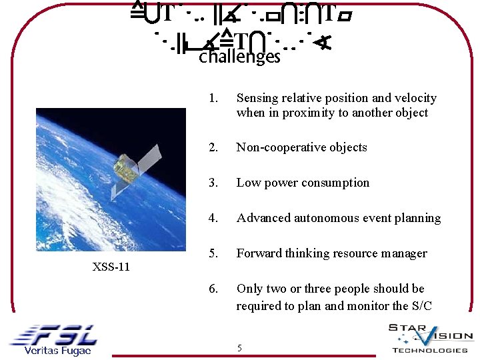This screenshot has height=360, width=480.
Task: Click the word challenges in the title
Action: tap(239, 57)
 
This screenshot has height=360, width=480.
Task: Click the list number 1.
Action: tap(213, 99)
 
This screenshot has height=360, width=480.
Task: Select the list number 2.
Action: tap(213, 147)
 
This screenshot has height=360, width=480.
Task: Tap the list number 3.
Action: tap(213, 183)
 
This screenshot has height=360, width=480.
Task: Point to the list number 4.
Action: tap(213, 218)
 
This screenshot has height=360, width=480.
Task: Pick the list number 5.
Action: tap(213, 253)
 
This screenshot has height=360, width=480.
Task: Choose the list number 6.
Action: tap(213, 289)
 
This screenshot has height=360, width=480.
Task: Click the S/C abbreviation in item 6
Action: tap(420, 306)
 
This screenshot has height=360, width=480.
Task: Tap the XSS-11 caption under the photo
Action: tap(111, 267)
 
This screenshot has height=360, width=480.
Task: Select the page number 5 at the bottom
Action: tap(240, 348)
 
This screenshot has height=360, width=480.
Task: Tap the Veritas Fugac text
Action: tap(57, 351)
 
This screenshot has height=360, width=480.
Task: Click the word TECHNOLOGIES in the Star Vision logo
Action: tap(429, 350)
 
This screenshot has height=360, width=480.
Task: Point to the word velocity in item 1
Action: tap(415, 99)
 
